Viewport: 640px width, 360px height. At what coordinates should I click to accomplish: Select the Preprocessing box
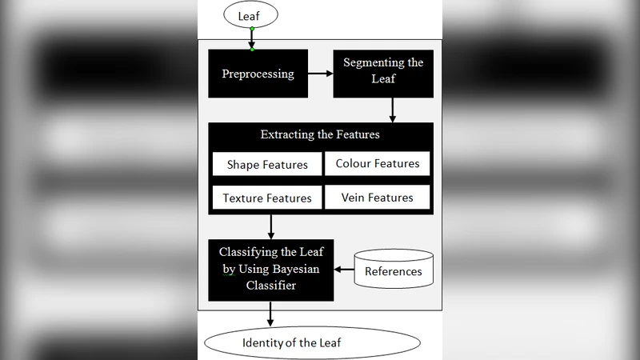coord(258,74)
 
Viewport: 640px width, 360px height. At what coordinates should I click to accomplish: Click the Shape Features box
coord(266,165)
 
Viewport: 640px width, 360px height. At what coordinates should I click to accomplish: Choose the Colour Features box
coord(377,163)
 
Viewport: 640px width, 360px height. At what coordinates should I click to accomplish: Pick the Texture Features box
coord(266,198)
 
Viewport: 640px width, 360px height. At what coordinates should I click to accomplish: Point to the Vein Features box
coord(377,198)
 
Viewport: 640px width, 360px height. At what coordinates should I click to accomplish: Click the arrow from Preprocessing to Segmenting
coord(320,74)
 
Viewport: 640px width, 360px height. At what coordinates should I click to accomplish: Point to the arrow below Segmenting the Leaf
coord(392,110)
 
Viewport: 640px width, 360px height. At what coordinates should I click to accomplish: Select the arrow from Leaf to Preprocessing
coord(251,37)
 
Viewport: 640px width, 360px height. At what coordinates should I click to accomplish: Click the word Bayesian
coord(294,269)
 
